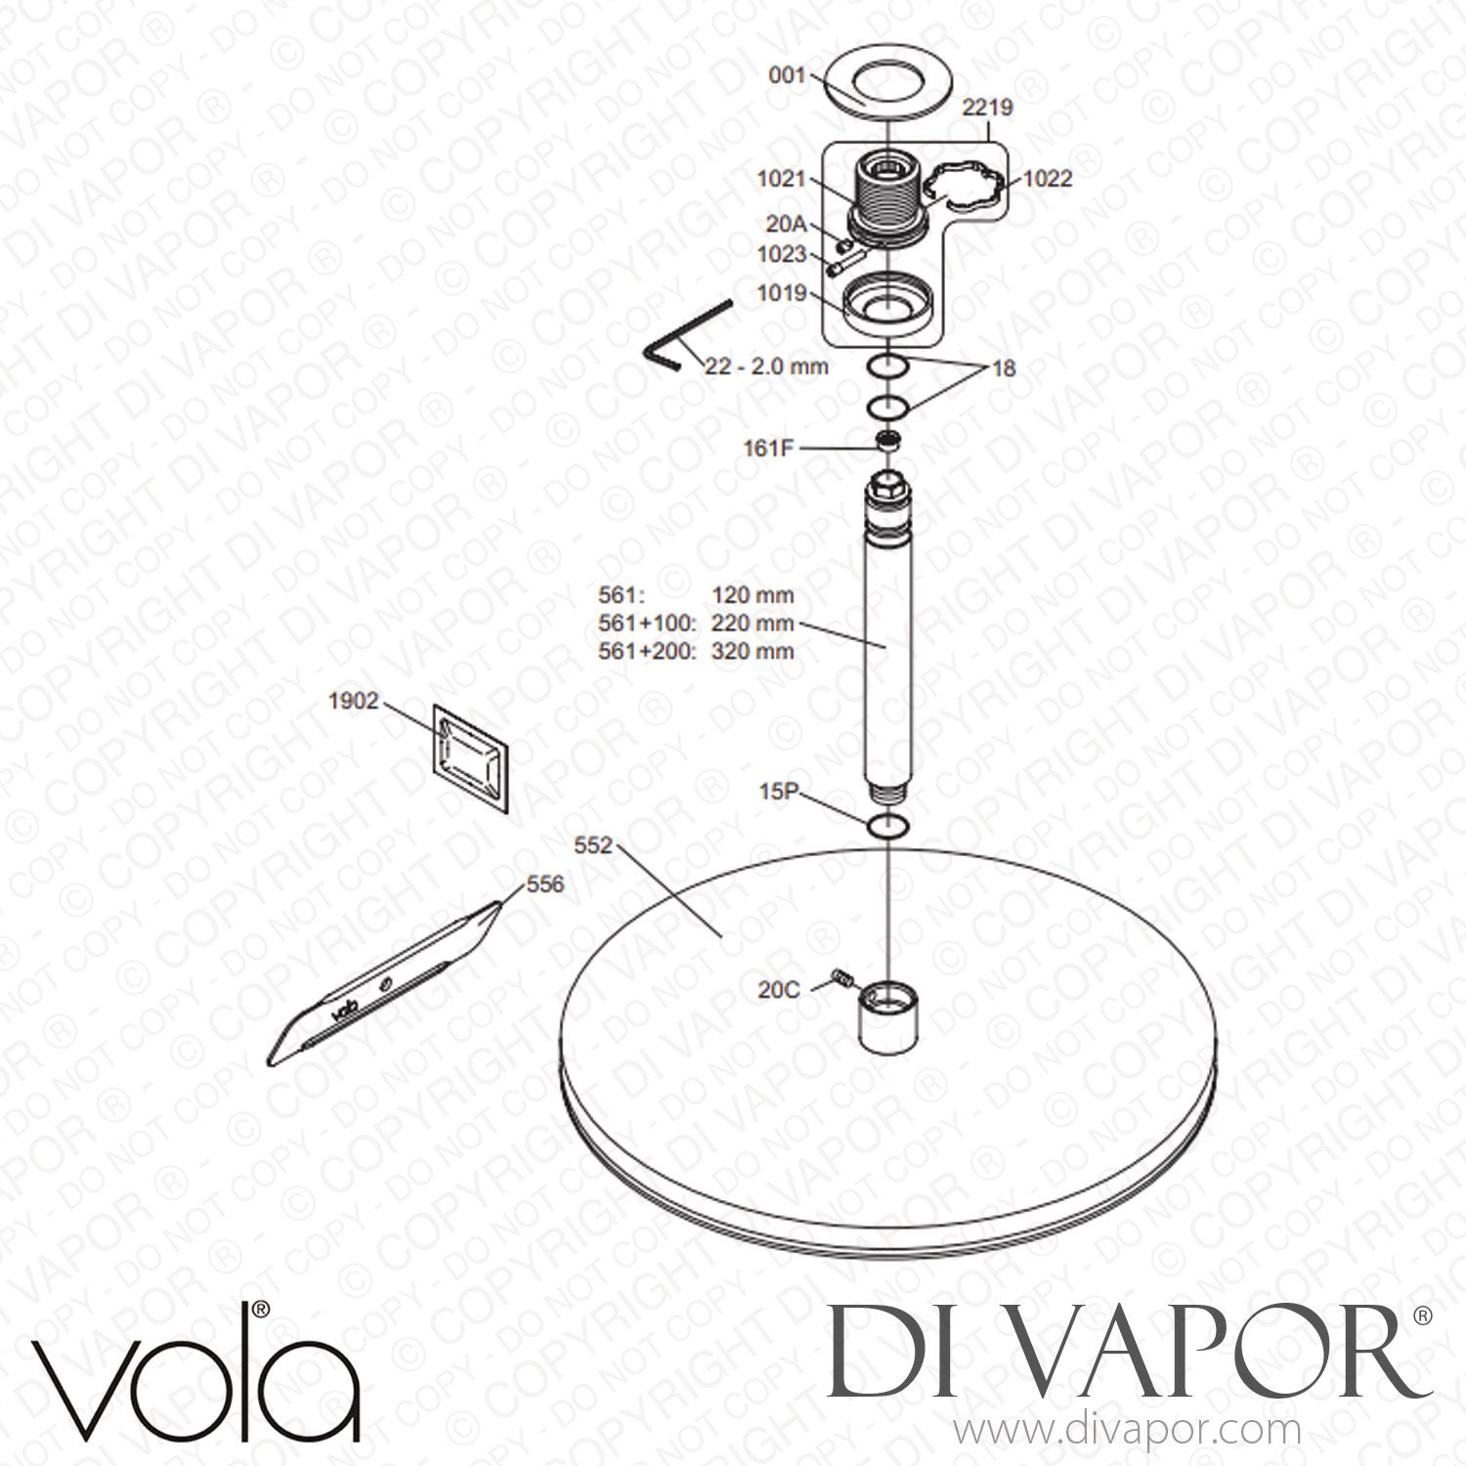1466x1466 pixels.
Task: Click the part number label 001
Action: (789, 73)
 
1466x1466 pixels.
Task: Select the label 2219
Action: (987, 108)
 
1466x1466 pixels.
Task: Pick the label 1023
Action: (781, 255)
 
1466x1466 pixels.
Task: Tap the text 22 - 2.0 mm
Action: (766, 366)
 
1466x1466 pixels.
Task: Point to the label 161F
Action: (771, 449)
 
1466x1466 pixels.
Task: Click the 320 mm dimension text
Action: (753, 651)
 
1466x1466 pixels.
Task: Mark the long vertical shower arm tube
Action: (886, 635)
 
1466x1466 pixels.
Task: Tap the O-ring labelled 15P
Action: (886, 825)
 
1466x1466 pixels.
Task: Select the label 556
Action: (545, 884)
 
